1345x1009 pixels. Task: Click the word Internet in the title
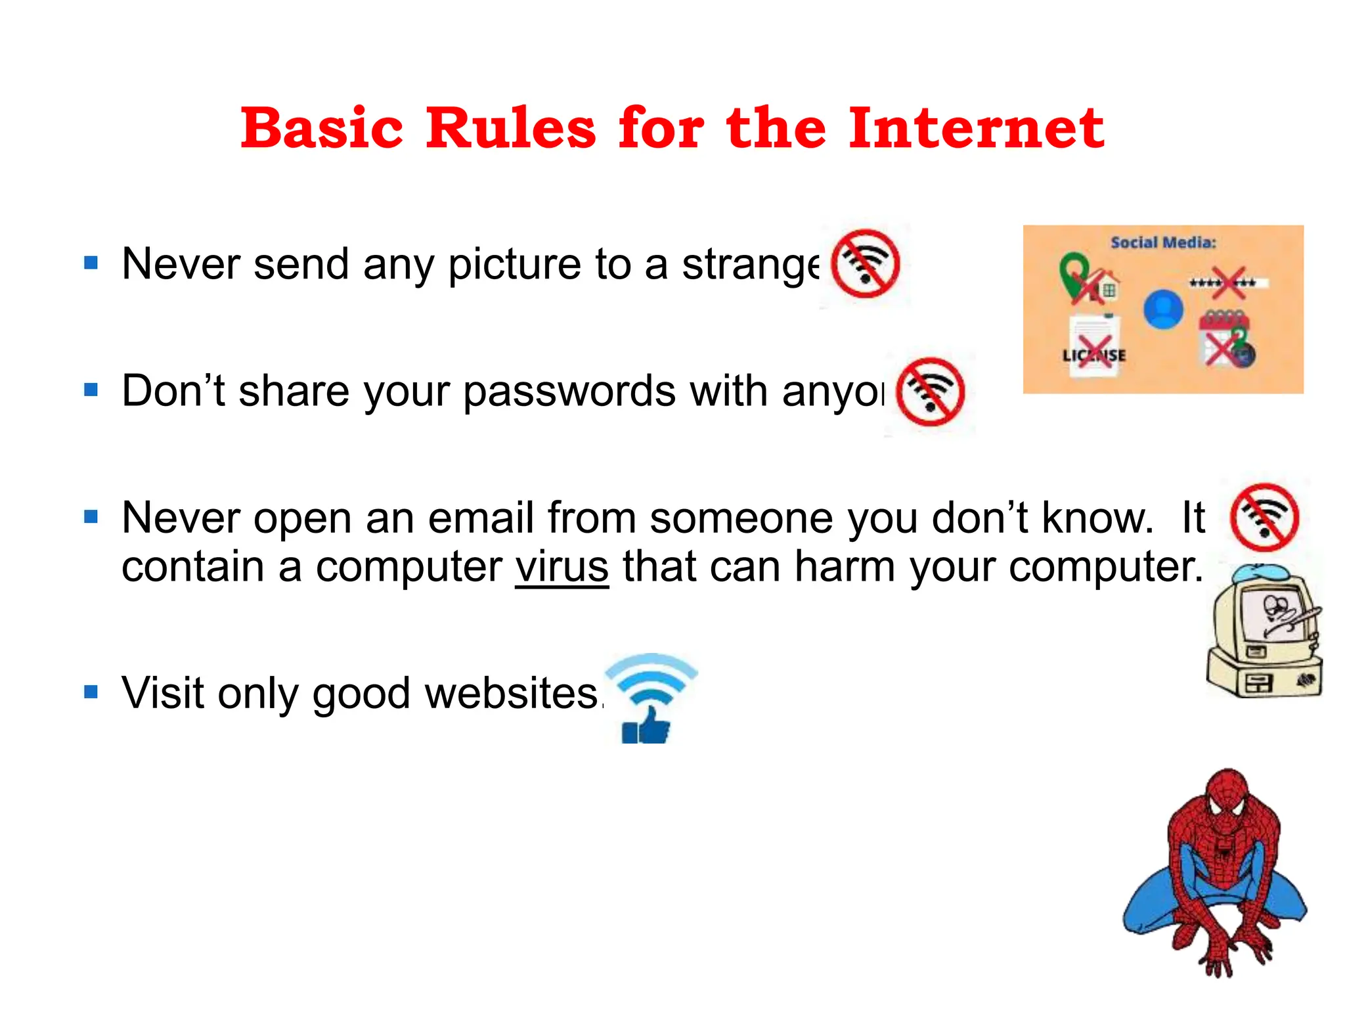[x=976, y=127]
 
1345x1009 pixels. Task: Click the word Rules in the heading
[x=510, y=127]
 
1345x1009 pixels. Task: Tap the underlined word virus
[x=562, y=566]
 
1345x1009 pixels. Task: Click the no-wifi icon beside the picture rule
[x=865, y=264]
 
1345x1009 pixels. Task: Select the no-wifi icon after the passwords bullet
[x=930, y=392]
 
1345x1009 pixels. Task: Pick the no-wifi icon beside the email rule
[x=1264, y=518]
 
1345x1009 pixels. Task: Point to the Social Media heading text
[x=1163, y=242]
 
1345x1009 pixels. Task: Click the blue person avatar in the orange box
[x=1163, y=309]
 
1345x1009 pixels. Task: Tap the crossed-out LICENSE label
[x=1094, y=355]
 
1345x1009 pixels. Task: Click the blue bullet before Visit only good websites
[x=91, y=692]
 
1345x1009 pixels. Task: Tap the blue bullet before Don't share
[x=91, y=390]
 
